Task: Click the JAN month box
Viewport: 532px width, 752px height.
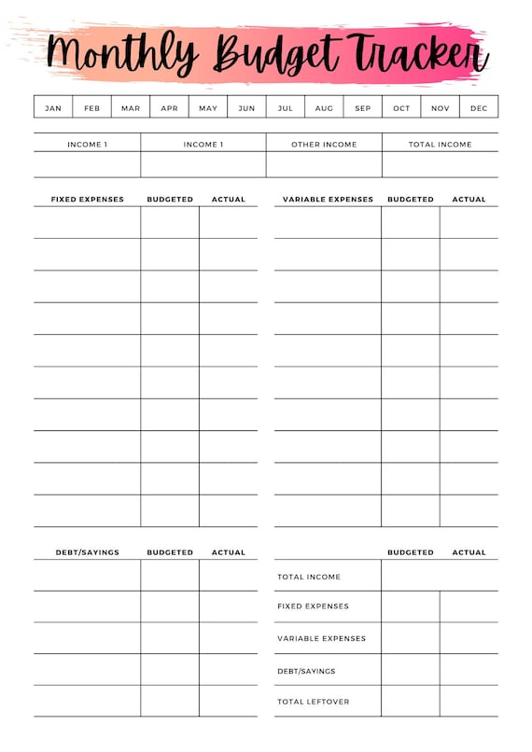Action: click(x=53, y=107)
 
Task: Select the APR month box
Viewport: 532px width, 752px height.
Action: click(x=169, y=107)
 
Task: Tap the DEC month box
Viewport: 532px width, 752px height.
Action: click(x=479, y=107)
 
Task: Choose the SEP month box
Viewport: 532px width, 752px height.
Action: click(x=362, y=107)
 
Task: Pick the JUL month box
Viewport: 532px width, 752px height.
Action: click(x=285, y=107)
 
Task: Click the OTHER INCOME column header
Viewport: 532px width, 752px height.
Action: click(x=324, y=145)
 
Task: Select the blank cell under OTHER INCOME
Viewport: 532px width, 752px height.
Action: click(x=324, y=164)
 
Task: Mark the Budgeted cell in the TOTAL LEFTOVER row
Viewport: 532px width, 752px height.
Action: click(x=411, y=702)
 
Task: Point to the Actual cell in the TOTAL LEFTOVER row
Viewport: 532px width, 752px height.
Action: click(x=469, y=702)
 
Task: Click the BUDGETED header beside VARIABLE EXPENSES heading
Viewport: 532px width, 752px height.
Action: click(x=411, y=199)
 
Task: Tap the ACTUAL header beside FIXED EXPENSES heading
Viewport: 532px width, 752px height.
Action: click(x=228, y=199)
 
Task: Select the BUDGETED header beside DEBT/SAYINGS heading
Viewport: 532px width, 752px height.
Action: click(x=170, y=552)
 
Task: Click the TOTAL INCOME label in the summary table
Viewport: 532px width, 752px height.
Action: click(x=309, y=578)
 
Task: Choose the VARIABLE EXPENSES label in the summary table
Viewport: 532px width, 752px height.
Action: click(x=321, y=639)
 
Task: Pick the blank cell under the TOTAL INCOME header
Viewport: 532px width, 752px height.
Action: click(x=440, y=164)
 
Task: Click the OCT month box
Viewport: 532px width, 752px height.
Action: click(x=401, y=107)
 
